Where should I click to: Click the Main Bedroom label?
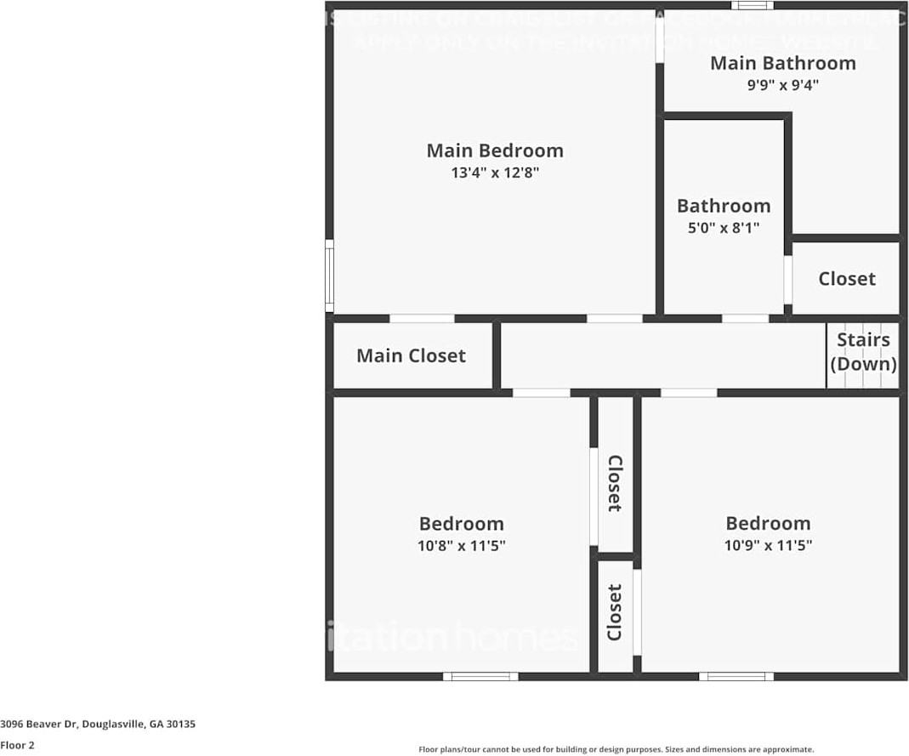coord(494,151)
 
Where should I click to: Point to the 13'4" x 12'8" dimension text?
coord(495,173)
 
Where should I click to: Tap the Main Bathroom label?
coord(782,63)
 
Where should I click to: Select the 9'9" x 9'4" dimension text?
coord(782,84)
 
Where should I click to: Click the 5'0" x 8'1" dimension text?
coord(724,227)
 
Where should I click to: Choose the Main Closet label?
coord(411,355)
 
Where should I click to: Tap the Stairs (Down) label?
coord(863,352)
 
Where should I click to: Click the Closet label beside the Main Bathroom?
coord(846,279)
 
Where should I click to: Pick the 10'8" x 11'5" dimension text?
coord(461,546)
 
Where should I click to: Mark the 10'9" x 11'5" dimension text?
coord(768,546)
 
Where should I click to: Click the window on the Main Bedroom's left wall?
coord(329,275)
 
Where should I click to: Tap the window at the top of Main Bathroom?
coord(752,5)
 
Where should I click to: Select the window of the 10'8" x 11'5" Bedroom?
coord(480,677)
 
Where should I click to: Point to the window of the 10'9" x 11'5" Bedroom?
coord(736,677)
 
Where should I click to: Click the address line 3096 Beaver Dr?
coord(98,725)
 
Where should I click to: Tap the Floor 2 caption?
coord(18,745)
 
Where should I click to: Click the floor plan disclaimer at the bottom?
coord(616,749)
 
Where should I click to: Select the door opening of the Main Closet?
coord(422,319)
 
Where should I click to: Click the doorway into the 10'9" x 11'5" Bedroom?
coord(688,393)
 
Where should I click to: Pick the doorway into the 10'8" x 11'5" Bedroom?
coord(541,393)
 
